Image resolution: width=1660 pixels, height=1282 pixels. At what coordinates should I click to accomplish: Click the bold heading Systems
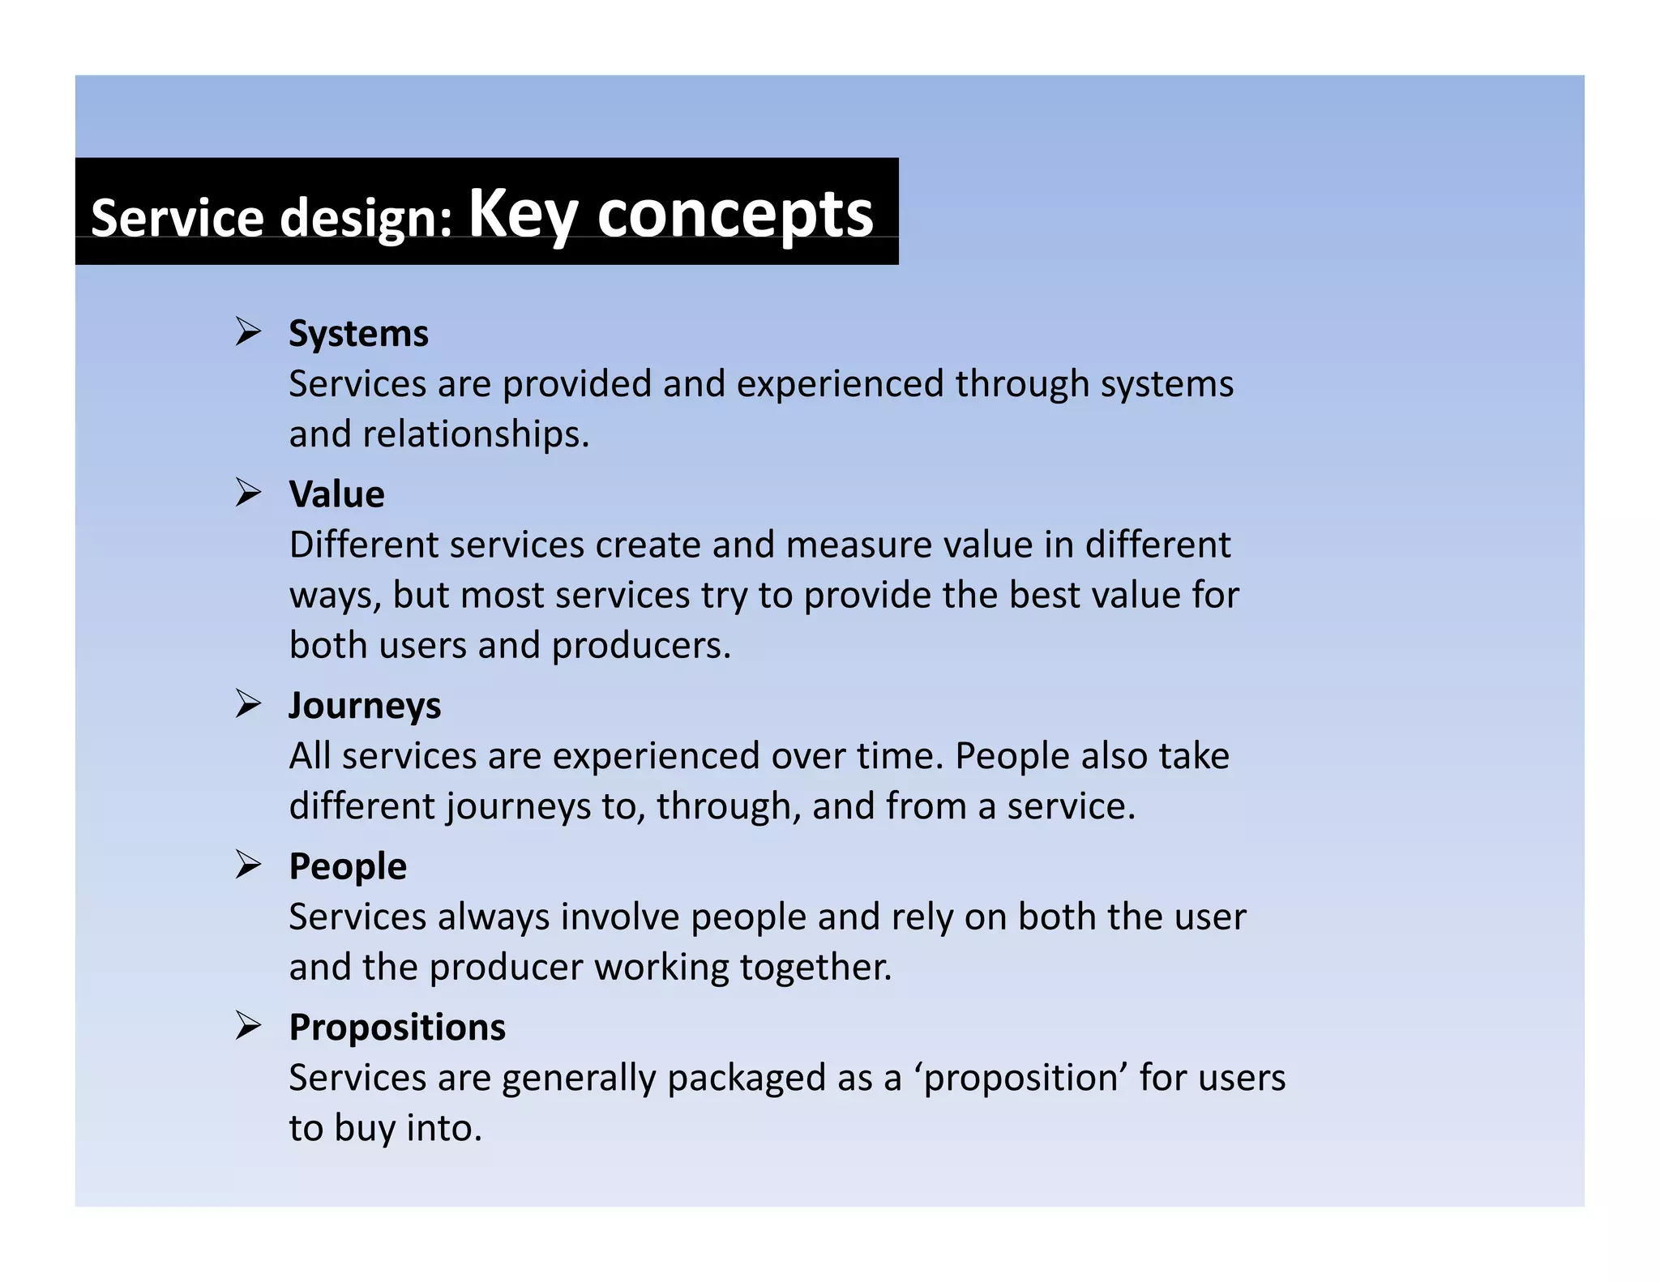click(358, 334)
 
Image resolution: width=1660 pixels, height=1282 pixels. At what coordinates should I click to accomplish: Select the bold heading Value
click(336, 494)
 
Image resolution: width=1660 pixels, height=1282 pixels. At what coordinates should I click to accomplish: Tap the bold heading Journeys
click(365, 705)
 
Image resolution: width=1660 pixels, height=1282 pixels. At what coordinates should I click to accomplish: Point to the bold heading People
click(348, 866)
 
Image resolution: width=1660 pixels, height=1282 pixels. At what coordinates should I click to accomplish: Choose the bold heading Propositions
click(397, 1028)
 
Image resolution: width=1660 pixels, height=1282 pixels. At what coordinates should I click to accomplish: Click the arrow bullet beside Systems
click(248, 331)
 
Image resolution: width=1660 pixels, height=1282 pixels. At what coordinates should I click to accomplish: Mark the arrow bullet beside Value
click(248, 492)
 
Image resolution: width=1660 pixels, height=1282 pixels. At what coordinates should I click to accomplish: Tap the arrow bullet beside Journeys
click(248, 703)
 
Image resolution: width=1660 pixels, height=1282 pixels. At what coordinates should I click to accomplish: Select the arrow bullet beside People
click(248, 864)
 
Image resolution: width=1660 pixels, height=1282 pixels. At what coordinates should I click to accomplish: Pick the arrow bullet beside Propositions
click(248, 1025)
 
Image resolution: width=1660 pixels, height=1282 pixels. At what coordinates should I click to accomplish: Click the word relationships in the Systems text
click(474, 434)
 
